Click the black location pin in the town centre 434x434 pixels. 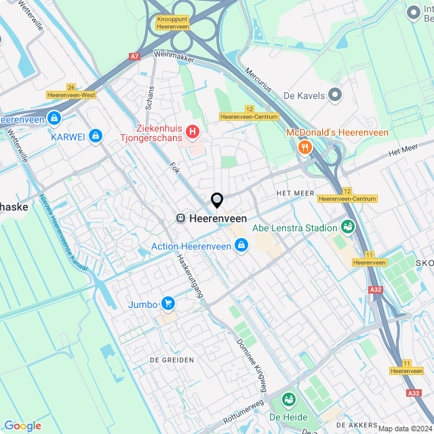click(217, 200)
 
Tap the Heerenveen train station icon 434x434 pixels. click(181, 218)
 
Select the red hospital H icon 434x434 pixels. click(193, 131)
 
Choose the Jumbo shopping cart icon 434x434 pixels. click(168, 304)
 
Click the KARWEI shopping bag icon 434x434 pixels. click(96, 136)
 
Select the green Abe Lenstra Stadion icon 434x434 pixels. click(348, 227)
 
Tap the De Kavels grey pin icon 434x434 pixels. click(334, 96)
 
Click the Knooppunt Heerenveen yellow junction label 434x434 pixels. click(172, 22)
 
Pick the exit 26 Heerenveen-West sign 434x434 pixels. click(71, 92)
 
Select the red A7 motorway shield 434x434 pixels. click(135, 57)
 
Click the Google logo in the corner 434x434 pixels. click(22, 425)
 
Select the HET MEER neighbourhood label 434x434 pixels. click(295, 193)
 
